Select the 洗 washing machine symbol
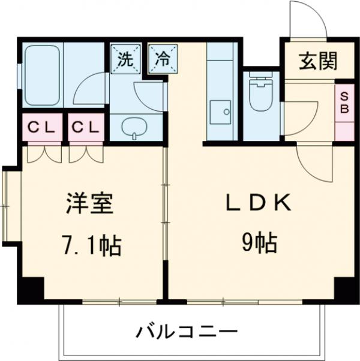click(125, 58)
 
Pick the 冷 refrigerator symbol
click(161, 58)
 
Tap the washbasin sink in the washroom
click(137, 126)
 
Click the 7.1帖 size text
click(91, 245)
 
